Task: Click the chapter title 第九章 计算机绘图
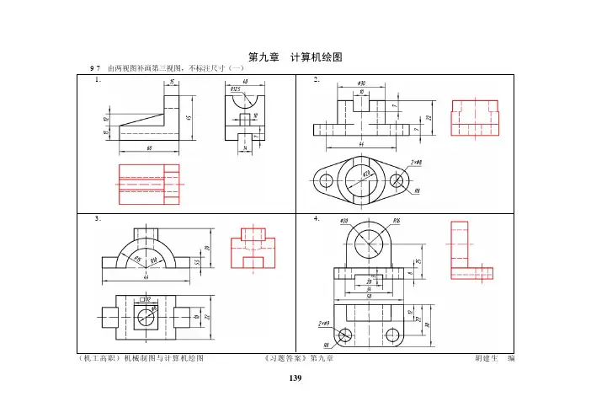pyautogui.click(x=295, y=56)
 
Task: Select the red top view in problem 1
pyautogui.click(x=149, y=184)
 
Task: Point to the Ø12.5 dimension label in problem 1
pyautogui.click(x=236, y=88)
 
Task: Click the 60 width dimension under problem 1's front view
pyautogui.click(x=149, y=149)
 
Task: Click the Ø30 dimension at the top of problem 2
pyautogui.click(x=361, y=83)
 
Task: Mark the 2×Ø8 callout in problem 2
pyautogui.click(x=417, y=161)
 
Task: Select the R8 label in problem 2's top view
pyautogui.click(x=417, y=192)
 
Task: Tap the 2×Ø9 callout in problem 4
pyautogui.click(x=324, y=324)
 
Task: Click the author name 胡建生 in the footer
pyautogui.click(x=489, y=359)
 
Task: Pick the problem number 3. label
pyautogui.click(x=99, y=217)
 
